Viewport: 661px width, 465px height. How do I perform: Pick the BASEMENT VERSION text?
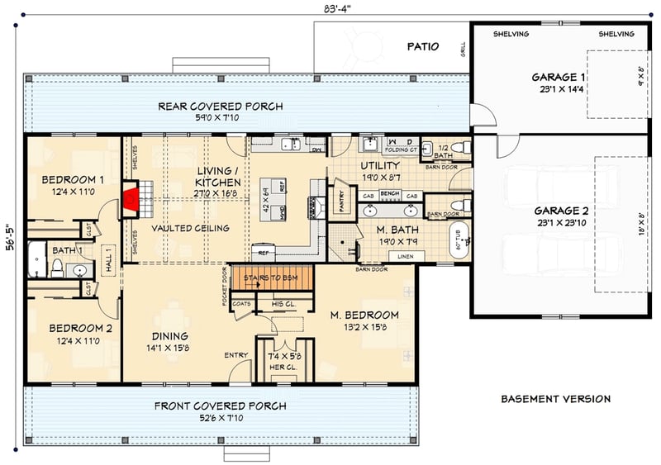(x=555, y=399)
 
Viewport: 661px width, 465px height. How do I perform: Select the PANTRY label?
(x=343, y=199)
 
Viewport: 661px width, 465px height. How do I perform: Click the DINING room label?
(x=169, y=336)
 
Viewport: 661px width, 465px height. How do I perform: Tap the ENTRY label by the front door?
(x=236, y=355)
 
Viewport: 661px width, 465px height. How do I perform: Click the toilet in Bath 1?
(x=58, y=267)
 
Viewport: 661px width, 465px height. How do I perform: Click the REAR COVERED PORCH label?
(x=221, y=107)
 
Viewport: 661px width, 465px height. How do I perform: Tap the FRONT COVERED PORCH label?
(x=220, y=406)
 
